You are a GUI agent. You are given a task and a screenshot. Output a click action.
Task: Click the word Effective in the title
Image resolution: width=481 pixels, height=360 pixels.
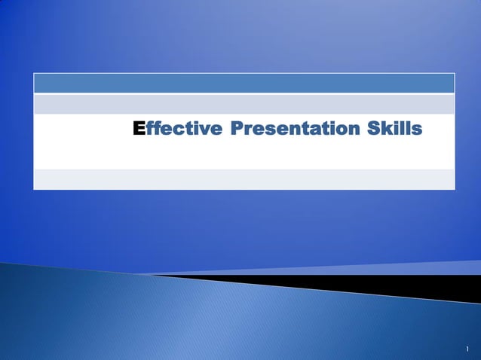click(177, 130)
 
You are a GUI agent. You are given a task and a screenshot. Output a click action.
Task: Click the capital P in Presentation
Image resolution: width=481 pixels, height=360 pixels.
click(237, 130)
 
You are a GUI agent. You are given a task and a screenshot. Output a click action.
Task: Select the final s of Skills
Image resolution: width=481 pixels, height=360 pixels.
click(416, 131)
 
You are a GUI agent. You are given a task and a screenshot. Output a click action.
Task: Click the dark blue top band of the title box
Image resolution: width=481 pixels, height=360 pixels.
click(244, 83)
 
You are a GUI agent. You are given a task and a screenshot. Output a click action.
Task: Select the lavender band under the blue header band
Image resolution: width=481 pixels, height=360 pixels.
click(244, 103)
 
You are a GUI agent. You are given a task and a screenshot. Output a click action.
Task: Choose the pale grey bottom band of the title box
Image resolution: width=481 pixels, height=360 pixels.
click(244, 179)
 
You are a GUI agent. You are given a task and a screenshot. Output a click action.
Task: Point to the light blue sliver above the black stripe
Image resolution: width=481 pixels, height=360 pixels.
click(422, 268)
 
